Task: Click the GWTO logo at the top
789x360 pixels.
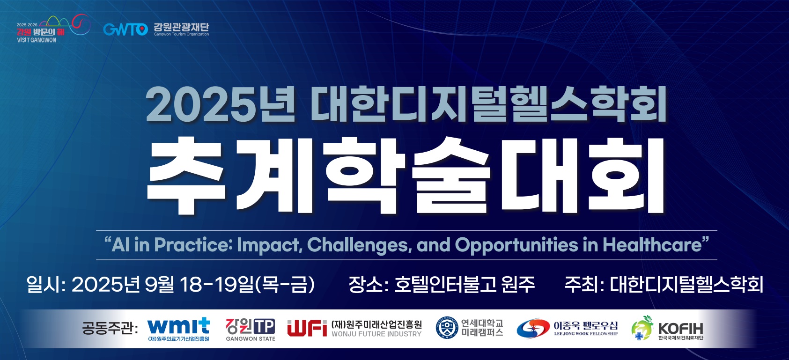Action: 125,29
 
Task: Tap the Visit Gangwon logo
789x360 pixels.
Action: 53,29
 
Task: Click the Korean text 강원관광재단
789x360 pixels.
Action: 181,27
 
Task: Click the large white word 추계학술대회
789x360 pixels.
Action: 406,176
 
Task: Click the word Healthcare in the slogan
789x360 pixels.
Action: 652,245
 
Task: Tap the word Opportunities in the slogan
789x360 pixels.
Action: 516,245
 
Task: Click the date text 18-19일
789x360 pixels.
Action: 217,285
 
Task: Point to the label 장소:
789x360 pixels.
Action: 368,285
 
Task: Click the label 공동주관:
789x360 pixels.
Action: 110,328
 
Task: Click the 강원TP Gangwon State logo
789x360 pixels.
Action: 251,330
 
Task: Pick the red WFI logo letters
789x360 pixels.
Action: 307,328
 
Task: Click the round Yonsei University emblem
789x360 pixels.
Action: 447,328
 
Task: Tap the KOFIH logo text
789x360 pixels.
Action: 680,329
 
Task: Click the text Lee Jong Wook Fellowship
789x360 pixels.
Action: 586,334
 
